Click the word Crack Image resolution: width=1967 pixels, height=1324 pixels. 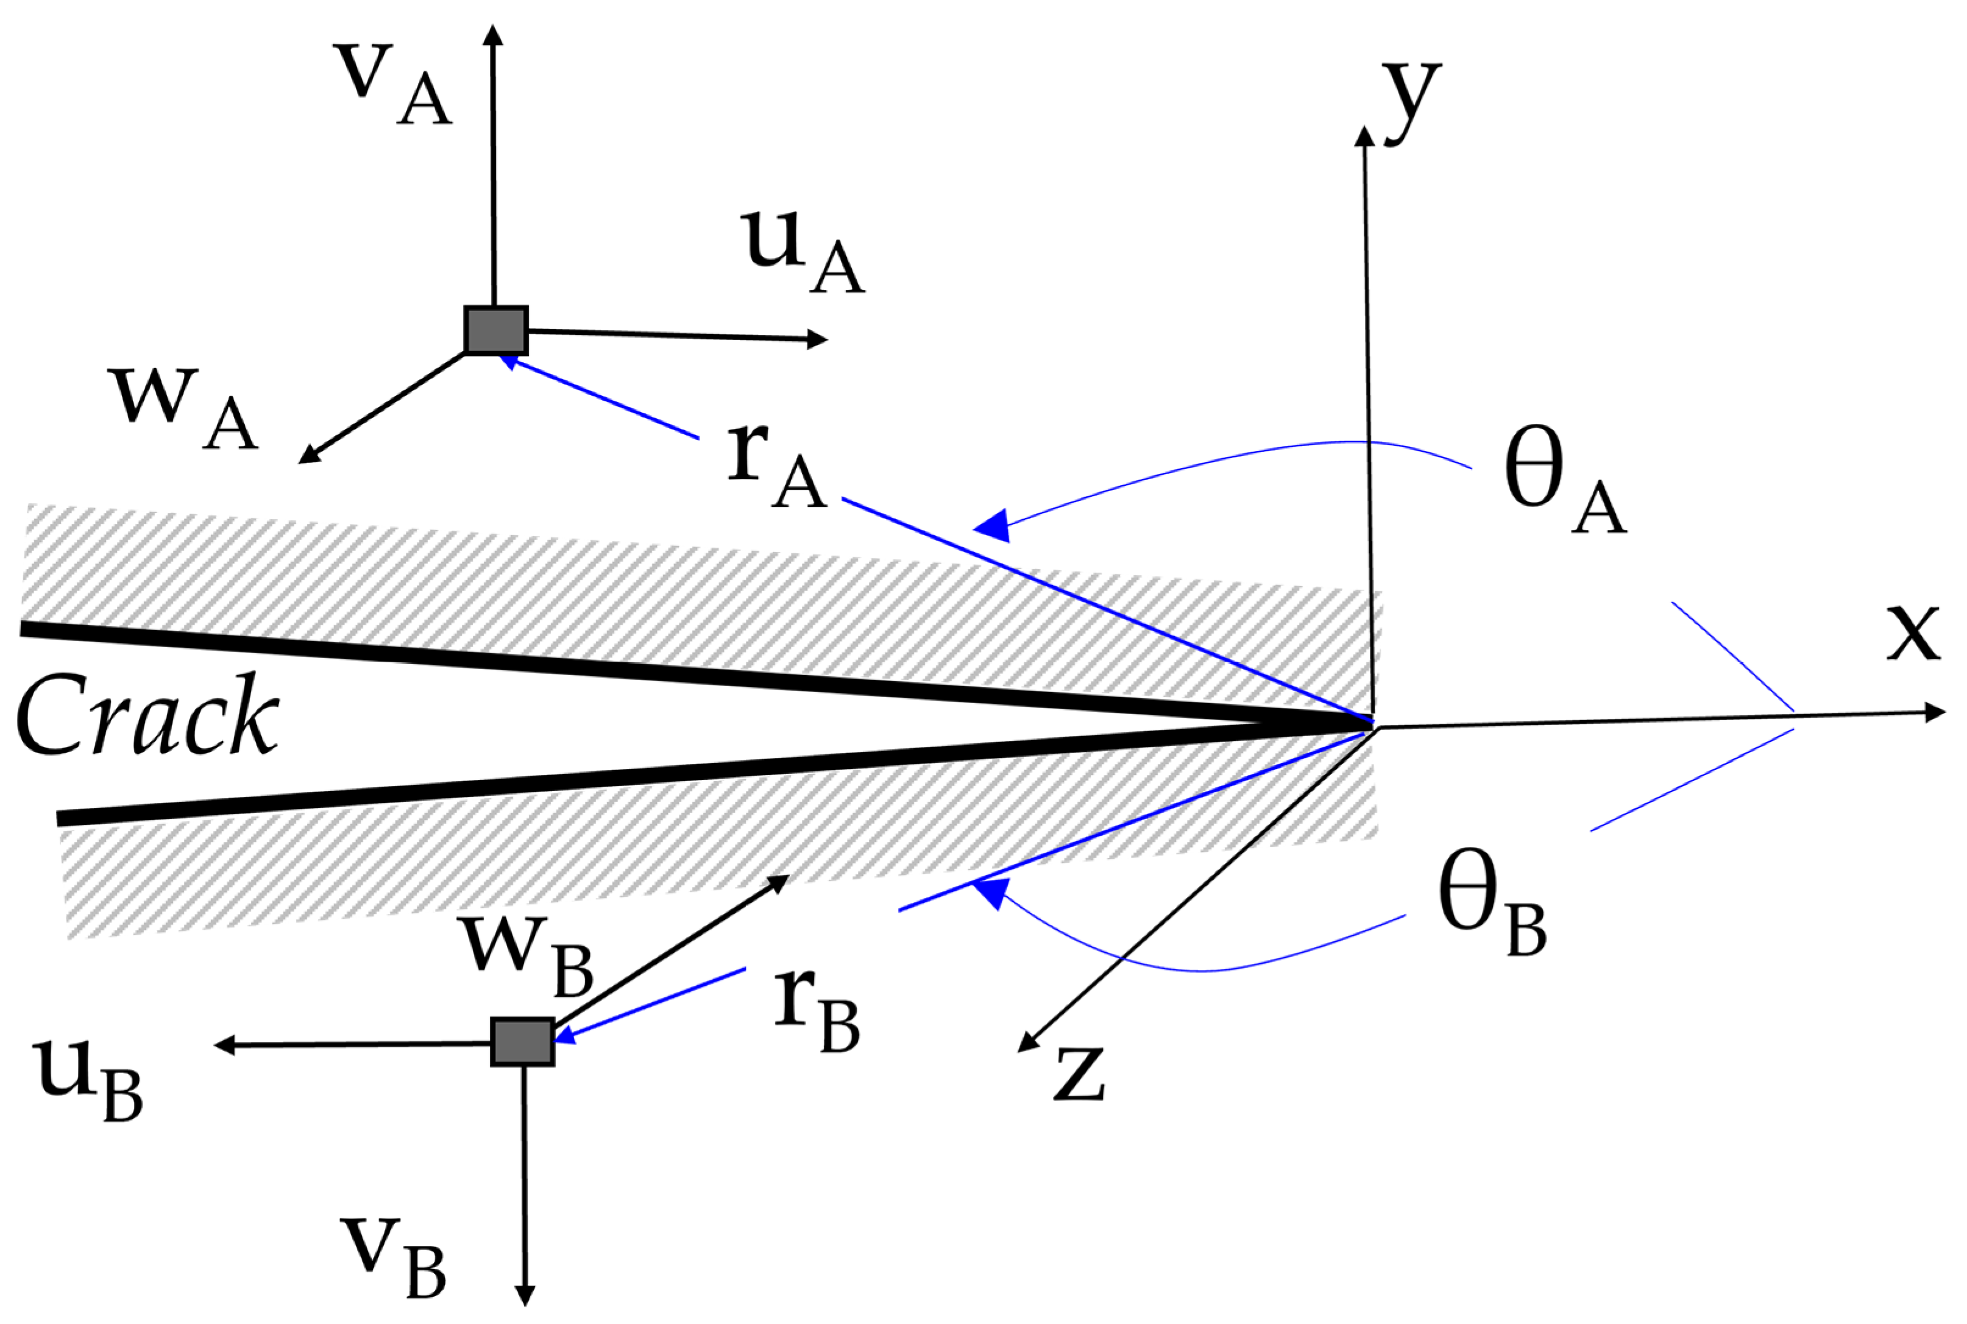click(x=147, y=715)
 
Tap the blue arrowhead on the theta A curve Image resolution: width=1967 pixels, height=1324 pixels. click(x=994, y=525)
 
